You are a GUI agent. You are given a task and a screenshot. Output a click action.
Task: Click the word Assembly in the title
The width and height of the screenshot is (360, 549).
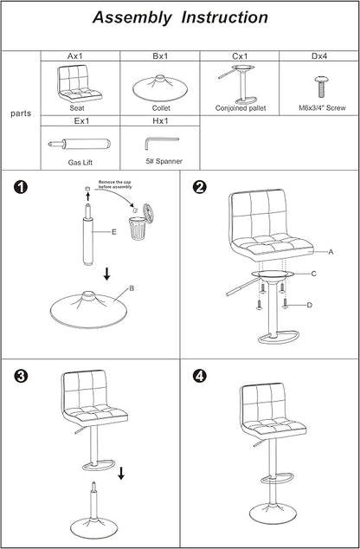(132, 18)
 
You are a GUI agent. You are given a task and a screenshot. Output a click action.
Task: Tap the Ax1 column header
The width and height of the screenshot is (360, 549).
(75, 56)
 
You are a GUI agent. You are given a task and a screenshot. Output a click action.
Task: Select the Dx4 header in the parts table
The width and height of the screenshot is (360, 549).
(319, 56)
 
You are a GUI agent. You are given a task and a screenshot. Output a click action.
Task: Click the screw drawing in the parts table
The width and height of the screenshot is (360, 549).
(321, 87)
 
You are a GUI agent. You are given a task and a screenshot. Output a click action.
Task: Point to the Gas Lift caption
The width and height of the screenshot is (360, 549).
(80, 163)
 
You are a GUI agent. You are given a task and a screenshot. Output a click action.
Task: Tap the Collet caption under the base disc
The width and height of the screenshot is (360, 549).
(161, 108)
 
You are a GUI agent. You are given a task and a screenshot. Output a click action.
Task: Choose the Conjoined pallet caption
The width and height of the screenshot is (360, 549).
(241, 108)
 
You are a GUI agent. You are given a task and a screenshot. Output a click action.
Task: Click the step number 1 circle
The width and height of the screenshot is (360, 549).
(20, 187)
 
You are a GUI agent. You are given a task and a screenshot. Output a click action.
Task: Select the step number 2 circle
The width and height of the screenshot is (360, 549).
(199, 187)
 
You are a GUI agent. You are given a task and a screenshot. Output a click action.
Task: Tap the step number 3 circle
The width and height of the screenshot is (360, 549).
(20, 377)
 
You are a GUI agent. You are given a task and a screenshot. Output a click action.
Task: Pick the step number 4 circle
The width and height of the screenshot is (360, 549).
(199, 377)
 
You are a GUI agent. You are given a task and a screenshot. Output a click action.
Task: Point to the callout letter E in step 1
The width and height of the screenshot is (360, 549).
(113, 232)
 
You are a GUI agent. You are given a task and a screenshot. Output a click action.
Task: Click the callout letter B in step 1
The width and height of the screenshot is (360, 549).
(132, 288)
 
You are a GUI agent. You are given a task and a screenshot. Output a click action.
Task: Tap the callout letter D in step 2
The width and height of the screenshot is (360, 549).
(309, 306)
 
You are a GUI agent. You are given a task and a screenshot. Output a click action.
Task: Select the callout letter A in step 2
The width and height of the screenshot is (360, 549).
(331, 252)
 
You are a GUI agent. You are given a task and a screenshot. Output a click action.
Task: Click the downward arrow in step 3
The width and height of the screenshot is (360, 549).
(121, 473)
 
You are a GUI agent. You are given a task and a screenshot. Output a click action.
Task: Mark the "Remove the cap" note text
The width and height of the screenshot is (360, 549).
(115, 182)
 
